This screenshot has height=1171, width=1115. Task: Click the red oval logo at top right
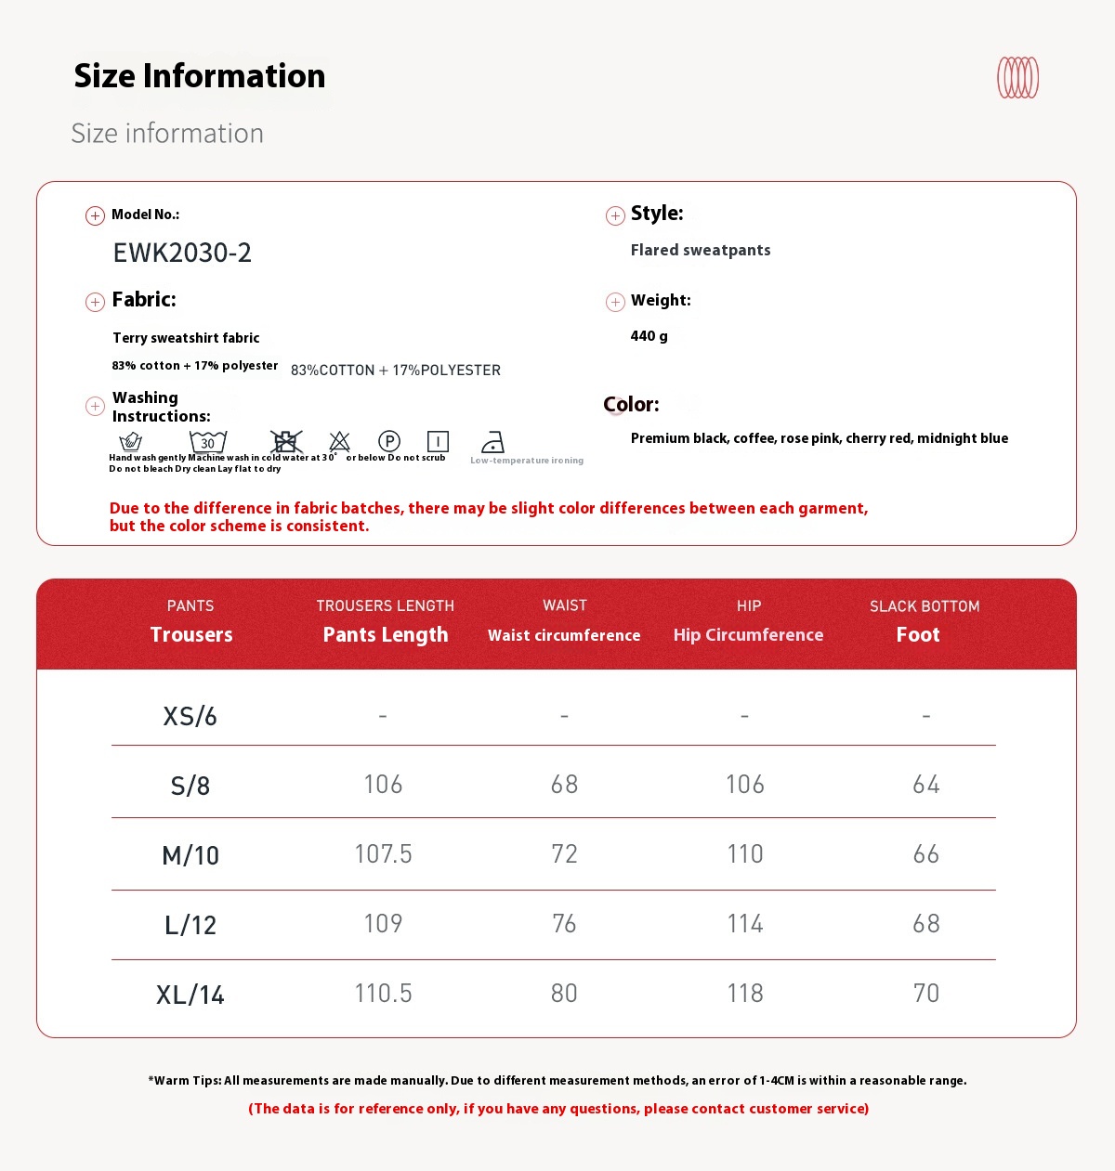(1017, 78)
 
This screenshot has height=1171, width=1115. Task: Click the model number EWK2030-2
(182, 253)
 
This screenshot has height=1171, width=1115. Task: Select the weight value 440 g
(649, 336)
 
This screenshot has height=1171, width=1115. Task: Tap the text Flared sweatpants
(700, 250)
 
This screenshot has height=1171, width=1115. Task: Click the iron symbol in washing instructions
(492, 442)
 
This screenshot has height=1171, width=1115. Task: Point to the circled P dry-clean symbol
(389, 441)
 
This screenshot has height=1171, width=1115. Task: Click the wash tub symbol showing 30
(208, 442)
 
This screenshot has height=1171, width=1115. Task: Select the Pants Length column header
(385, 634)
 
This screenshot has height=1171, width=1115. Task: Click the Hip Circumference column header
(748, 634)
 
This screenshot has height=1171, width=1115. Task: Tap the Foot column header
(918, 634)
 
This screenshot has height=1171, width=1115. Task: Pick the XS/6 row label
(190, 716)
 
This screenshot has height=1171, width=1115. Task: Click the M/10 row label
(190, 855)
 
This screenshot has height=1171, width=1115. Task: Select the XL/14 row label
(190, 995)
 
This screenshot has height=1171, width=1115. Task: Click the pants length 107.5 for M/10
(383, 853)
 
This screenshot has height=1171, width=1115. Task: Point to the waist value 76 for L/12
(564, 923)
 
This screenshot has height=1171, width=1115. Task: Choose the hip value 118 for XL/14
(745, 993)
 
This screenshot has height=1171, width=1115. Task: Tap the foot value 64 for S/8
(926, 785)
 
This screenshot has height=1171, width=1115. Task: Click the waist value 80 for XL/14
(564, 993)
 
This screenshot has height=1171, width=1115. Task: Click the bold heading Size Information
(200, 76)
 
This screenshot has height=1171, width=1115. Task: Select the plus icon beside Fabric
(95, 302)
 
